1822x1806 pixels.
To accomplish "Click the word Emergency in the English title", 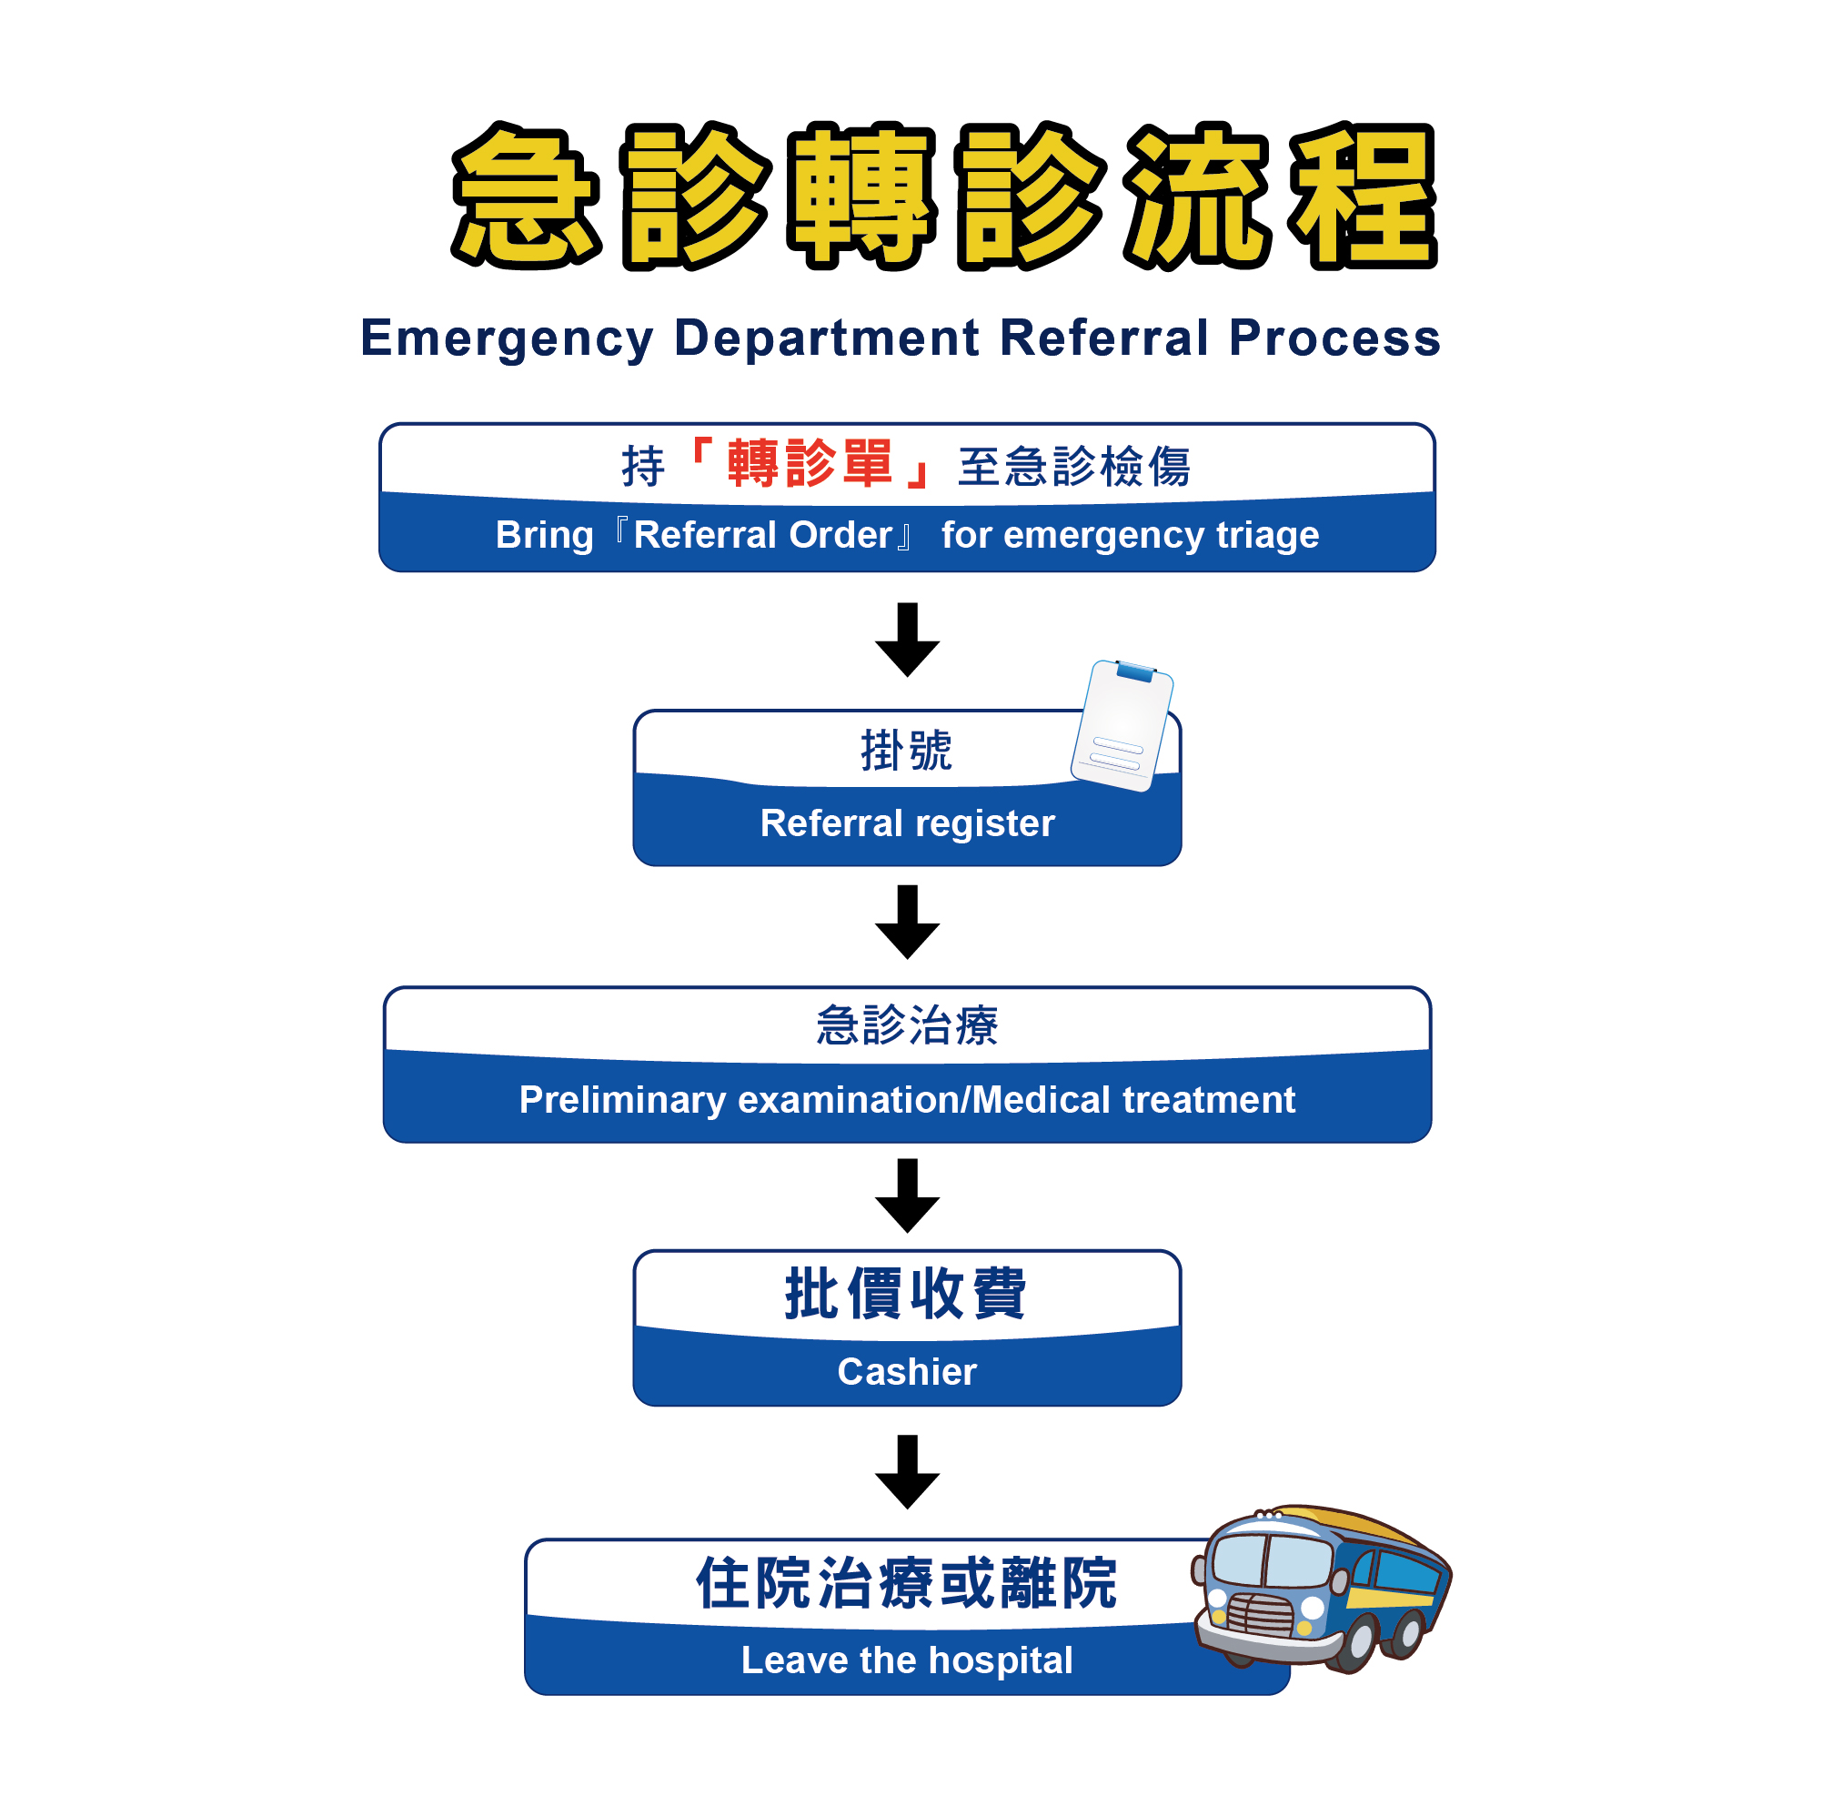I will tap(507, 338).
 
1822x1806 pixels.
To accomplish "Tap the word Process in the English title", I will tap(1334, 338).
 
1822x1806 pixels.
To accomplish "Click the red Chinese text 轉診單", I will tap(810, 464).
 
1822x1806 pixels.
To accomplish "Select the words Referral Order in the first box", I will tap(762, 536).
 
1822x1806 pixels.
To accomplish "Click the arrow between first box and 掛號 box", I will tap(907, 640).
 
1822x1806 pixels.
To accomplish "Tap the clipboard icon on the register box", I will tap(1122, 726).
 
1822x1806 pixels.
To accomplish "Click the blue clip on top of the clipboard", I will tap(1135, 672).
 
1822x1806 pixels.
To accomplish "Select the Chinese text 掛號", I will tap(906, 751).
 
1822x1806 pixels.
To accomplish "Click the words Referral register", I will tap(907, 823).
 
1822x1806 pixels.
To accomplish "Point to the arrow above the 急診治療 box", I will tap(907, 922).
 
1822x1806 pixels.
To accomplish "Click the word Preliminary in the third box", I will tap(622, 1100).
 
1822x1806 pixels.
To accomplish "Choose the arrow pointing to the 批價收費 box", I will tap(907, 1195).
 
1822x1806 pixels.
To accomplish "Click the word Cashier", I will tap(907, 1371).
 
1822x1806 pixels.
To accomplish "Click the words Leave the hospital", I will tap(907, 1660).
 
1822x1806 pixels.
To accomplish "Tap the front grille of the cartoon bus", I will tap(1261, 1616).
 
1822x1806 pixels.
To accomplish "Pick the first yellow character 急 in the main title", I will tap(525, 197).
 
